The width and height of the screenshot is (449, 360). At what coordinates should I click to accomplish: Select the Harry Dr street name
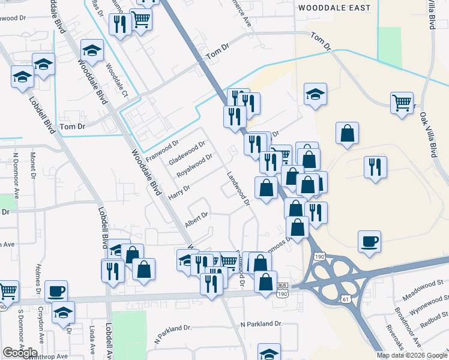(179, 192)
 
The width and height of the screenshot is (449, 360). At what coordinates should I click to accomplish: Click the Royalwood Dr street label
(191, 166)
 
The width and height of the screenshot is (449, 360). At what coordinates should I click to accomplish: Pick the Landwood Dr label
(238, 190)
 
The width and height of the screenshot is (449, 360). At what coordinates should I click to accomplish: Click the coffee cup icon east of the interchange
(370, 241)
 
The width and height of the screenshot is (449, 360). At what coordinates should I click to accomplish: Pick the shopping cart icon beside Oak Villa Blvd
(401, 102)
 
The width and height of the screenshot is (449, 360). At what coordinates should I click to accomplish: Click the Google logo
(20, 352)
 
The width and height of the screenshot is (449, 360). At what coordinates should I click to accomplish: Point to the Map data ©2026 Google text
(412, 355)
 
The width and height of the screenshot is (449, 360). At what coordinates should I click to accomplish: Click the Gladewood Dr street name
(187, 153)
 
